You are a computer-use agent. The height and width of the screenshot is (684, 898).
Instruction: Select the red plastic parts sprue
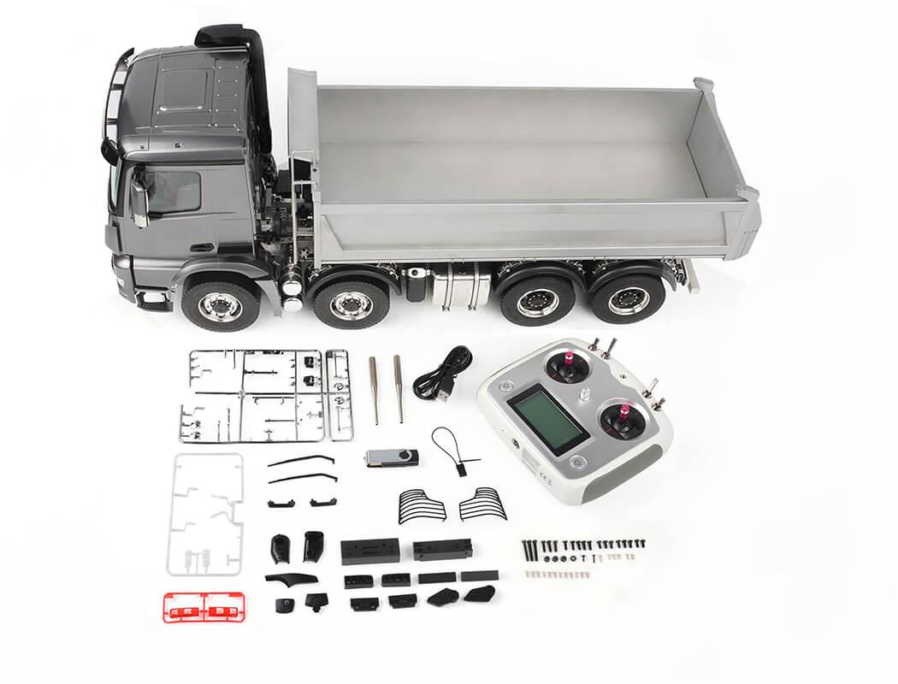[204, 608]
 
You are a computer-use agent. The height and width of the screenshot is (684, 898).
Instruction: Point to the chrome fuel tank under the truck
[460, 288]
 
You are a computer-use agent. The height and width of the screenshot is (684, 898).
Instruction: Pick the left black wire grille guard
[422, 506]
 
